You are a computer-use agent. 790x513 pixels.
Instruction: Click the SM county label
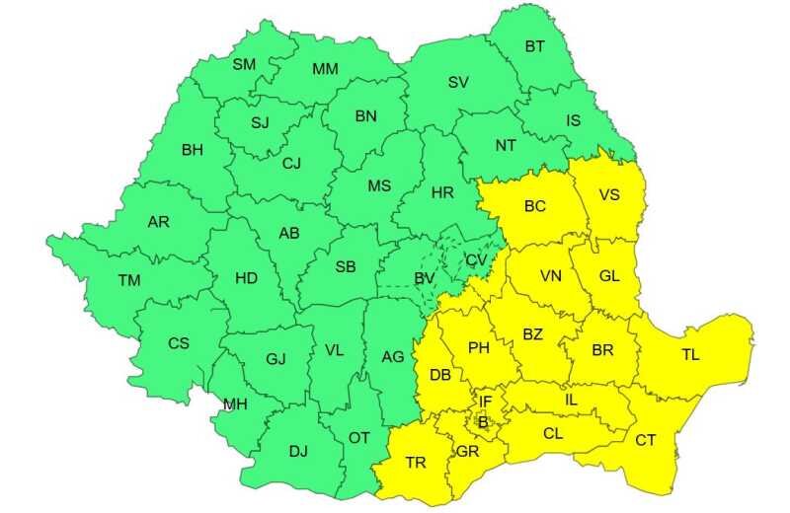(243, 65)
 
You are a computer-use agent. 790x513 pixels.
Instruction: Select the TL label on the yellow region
(690, 355)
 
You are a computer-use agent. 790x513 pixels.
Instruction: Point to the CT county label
(646, 440)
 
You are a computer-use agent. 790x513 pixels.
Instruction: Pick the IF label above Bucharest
(485, 402)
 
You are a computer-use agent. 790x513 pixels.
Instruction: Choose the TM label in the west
(129, 280)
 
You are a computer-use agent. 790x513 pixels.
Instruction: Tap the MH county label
(235, 404)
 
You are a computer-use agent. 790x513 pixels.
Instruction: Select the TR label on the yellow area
(416, 462)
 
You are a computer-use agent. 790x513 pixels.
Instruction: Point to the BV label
(425, 280)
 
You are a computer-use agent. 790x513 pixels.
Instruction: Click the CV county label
(476, 259)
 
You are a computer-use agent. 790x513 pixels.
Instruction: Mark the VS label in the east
(609, 194)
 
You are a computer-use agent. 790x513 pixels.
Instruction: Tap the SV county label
(458, 83)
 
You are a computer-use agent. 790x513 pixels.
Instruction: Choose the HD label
(246, 278)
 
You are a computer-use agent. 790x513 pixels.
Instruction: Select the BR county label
(602, 350)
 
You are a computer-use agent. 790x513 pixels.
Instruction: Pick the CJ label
(291, 164)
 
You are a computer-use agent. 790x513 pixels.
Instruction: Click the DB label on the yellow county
(440, 375)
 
